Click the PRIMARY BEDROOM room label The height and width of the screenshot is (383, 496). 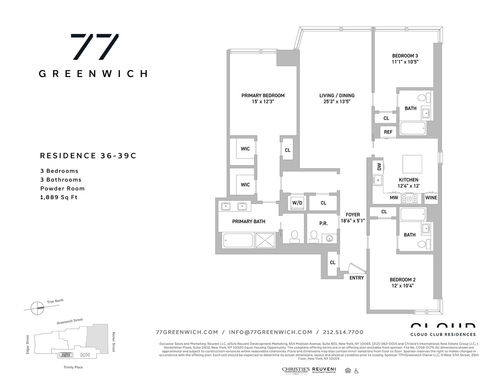263,95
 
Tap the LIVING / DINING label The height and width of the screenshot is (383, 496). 337,95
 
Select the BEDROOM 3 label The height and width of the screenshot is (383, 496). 405,56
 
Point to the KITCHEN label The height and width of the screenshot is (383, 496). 408,180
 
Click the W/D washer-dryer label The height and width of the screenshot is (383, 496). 297,203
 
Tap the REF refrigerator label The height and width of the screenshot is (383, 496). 388,132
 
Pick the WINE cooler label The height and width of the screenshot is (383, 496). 431,198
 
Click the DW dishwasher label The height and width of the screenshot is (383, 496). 379,167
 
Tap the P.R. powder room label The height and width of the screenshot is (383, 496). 324,223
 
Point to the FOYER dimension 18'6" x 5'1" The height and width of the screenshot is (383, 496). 353,221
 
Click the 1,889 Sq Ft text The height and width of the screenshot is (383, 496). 59,197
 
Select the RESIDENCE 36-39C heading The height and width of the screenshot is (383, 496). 88,155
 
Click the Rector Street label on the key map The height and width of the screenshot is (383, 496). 113,342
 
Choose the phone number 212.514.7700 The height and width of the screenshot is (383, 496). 343,332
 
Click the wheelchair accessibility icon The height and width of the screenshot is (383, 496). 356,370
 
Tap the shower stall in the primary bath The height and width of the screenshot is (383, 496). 266,241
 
